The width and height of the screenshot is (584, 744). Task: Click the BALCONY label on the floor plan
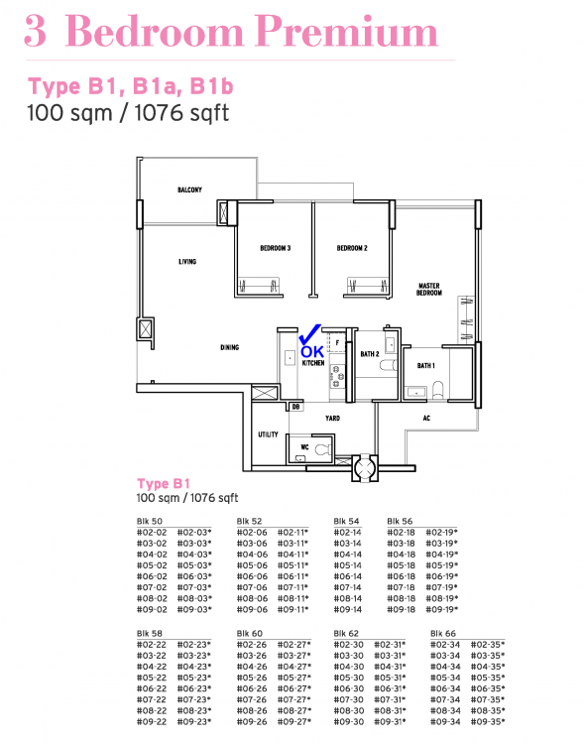pos(190,189)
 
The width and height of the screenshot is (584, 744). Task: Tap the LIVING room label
pos(187,262)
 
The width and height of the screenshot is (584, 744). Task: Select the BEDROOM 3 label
pos(275,248)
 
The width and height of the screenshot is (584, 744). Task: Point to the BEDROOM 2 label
pos(352,248)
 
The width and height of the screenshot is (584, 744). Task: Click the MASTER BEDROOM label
pos(428,289)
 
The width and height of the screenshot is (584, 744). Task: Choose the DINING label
pos(230,347)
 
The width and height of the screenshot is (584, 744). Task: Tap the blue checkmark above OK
pos(309,333)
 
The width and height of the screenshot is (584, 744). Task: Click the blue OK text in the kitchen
pos(311,351)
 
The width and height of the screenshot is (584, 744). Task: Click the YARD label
pos(332,419)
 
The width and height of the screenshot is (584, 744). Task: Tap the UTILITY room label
pos(268,434)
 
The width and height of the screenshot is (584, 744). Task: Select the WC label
pos(304,447)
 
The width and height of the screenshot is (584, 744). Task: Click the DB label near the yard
pos(295,406)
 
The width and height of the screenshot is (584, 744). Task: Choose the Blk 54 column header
pos(346,520)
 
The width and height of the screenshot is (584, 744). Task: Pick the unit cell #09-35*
pos(487,721)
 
